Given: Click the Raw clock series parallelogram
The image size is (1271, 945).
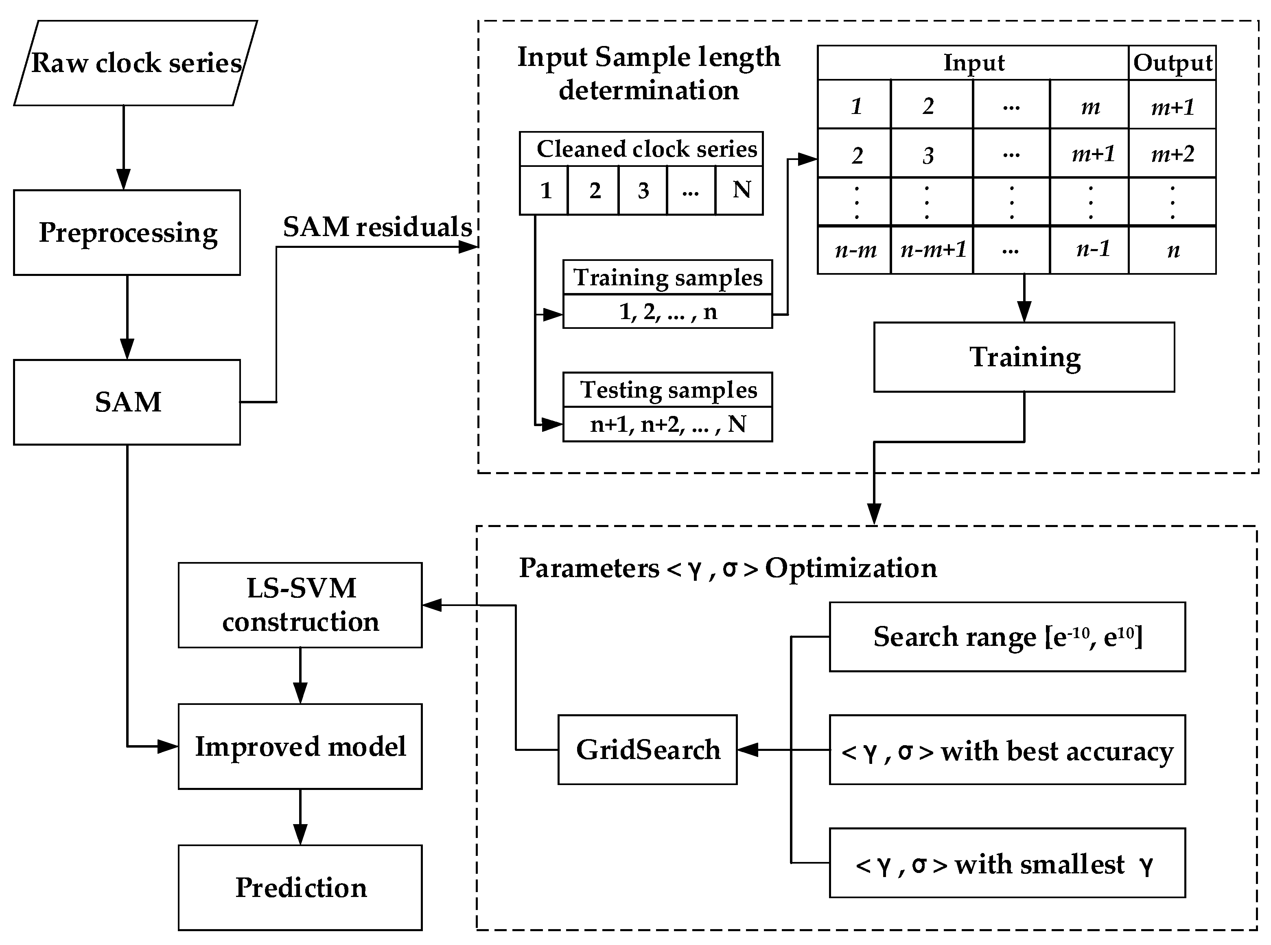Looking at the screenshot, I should [136, 63].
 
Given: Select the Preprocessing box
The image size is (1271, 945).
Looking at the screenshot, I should [127, 233].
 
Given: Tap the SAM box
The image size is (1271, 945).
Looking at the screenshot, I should [127, 402].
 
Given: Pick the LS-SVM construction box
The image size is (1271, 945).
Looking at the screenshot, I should [300, 605].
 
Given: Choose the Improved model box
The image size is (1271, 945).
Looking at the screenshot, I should [300, 746].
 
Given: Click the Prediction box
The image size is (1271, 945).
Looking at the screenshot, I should [300, 887].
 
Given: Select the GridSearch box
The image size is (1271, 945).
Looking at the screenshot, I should [648, 750].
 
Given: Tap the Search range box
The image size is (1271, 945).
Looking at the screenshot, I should [1007, 637].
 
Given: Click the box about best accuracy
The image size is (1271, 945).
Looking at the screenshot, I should [1007, 750].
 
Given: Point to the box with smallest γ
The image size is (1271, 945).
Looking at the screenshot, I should [1007, 863].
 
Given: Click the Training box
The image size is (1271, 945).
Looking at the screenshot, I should [1024, 357].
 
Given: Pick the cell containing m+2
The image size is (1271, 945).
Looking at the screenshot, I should [1172, 153].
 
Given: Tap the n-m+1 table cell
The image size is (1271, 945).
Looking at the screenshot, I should [932, 250].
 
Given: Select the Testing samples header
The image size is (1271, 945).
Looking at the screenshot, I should [667, 390].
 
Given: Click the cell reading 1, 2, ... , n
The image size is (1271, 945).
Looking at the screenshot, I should [667, 312].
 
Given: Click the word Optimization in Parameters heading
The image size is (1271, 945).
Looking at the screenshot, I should [851, 568].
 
